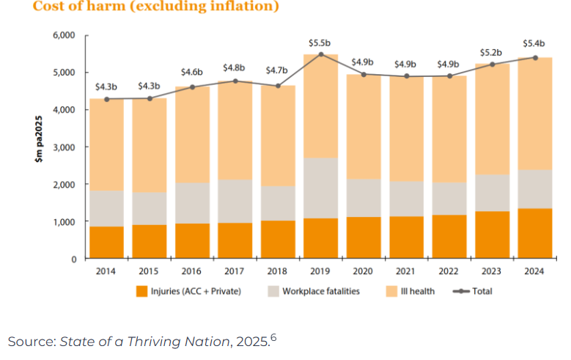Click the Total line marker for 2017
click(x=235, y=81)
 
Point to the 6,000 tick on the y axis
click(x=65, y=35)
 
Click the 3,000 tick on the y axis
click(x=65, y=147)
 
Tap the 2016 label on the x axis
click(x=192, y=271)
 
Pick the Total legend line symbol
click(x=462, y=291)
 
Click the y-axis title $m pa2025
click(x=41, y=146)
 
